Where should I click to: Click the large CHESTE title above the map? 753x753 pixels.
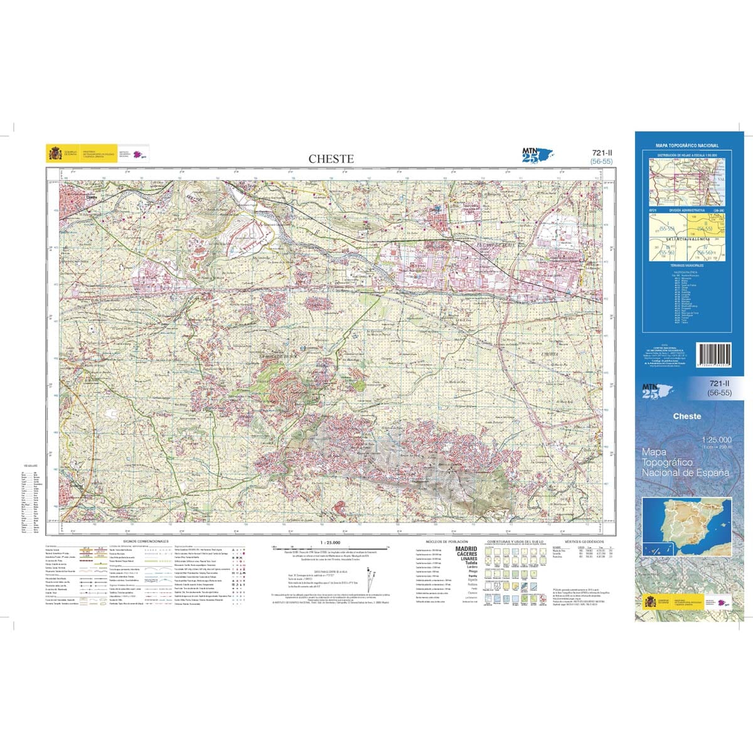point(331,159)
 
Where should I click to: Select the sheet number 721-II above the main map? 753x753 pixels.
point(601,153)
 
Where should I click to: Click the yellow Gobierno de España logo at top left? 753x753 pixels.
point(54,154)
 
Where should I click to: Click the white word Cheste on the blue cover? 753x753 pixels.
point(686,416)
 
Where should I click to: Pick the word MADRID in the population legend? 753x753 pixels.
point(466,549)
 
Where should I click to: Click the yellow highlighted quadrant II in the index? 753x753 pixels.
point(707,225)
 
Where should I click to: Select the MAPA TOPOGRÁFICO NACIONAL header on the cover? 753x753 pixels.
point(687,146)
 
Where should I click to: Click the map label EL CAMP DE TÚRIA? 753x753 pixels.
point(496,245)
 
